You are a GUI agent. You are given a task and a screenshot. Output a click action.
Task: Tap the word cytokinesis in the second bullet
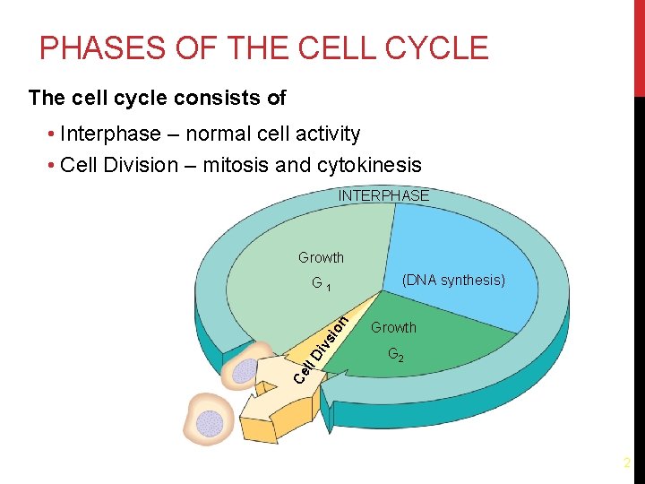368,165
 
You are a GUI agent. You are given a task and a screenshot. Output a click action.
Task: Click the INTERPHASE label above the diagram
383,195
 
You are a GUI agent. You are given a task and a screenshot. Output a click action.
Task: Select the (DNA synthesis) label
453,281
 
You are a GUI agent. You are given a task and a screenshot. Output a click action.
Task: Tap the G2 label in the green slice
395,355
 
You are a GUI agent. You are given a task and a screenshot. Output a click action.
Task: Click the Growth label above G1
321,258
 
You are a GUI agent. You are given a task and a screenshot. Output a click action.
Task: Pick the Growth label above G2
393,328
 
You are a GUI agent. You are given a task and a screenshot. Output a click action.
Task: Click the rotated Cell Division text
322,346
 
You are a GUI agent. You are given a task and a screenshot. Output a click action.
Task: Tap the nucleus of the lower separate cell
210,423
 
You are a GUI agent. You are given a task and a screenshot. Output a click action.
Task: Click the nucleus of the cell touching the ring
244,370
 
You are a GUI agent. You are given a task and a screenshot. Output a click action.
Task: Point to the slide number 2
627,463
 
